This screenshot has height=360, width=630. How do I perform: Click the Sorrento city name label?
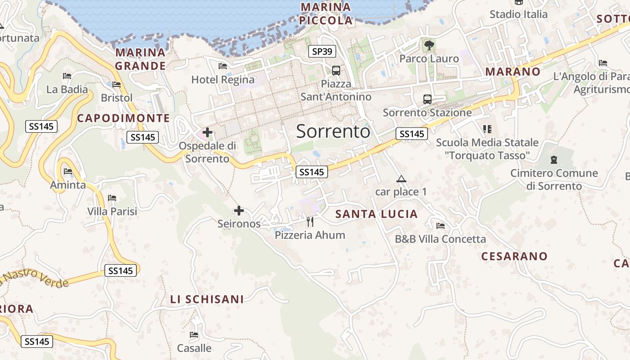[x=333, y=131]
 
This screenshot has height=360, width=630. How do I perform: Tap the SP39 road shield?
[x=322, y=51]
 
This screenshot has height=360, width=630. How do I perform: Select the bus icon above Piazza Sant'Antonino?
[x=336, y=70]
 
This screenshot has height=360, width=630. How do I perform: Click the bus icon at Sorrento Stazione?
[x=427, y=99]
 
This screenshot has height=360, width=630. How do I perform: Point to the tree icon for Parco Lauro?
[x=429, y=45]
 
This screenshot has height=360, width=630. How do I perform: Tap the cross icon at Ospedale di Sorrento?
[x=207, y=132]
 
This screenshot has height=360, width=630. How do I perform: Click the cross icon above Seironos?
[x=239, y=210]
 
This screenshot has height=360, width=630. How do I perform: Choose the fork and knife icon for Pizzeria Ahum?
[x=310, y=221]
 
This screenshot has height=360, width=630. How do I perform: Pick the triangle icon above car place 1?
[x=401, y=179]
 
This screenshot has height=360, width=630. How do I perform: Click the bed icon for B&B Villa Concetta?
[x=440, y=226]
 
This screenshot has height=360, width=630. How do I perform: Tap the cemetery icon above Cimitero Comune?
[x=553, y=160]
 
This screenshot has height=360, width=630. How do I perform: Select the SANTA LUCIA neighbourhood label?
[x=377, y=214]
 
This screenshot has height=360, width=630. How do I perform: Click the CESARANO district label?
[x=514, y=256]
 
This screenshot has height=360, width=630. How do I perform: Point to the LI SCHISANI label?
[x=207, y=299]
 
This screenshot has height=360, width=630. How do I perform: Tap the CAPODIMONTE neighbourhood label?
[x=123, y=118]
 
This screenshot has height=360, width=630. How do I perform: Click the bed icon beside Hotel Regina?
[x=222, y=66]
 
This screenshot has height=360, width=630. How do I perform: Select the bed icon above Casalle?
[x=194, y=335]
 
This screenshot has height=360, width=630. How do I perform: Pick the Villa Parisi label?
[x=112, y=211]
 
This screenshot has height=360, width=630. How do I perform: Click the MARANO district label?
[x=513, y=72]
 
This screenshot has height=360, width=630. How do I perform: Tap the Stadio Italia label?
[x=518, y=14]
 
